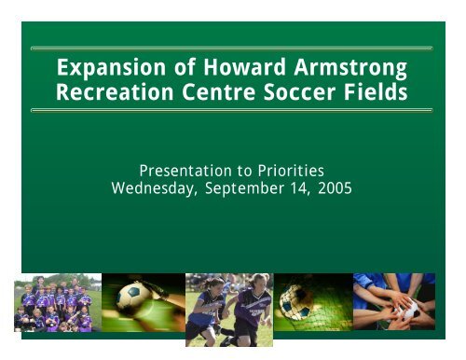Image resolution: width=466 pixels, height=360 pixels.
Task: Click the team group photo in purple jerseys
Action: coord(55,302)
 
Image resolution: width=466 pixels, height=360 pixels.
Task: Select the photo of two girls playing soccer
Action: coord(227,309)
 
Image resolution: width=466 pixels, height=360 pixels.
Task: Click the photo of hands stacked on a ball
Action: coord(394,303)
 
